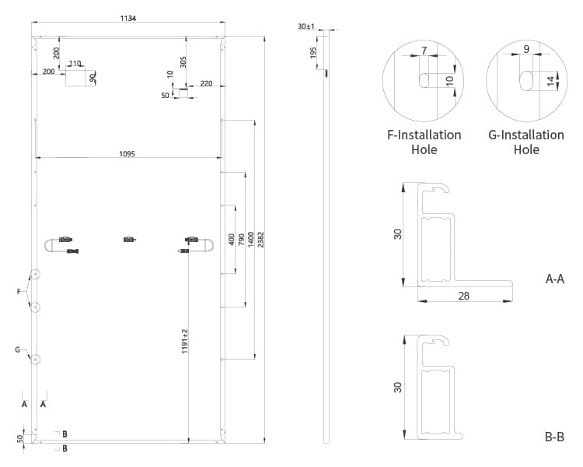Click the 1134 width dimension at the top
[128, 19]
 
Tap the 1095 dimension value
[127, 154]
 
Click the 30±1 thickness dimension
[305, 26]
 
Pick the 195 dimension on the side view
[313, 52]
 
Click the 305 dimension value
[183, 61]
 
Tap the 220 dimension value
[206, 83]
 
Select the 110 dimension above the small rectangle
[75, 64]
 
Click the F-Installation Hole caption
[424, 142]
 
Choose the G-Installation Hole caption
[526, 142]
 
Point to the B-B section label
[554, 437]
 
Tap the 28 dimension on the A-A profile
[464, 297]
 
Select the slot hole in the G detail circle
[526, 80]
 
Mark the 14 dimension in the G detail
[551, 80]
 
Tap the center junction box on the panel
[129, 240]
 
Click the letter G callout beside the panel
[17, 350]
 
